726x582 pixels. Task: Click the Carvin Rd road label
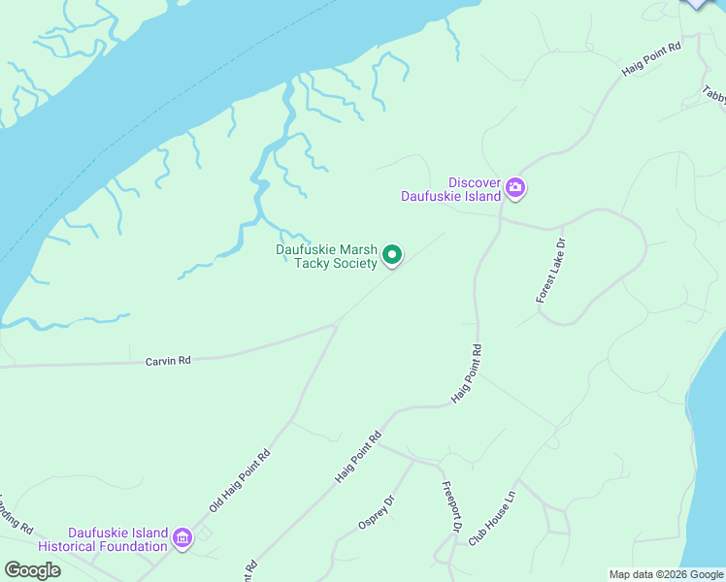[x=168, y=360]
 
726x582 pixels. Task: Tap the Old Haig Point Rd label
[x=239, y=481]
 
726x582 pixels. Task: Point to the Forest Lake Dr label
[x=550, y=271]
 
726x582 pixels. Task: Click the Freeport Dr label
[x=449, y=507]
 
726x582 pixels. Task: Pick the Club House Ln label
[x=491, y=516]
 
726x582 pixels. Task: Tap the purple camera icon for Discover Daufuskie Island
[x=515, y=187]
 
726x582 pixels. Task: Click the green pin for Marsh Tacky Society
[x=392, y=255]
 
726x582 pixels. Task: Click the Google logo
[x=32, y=570]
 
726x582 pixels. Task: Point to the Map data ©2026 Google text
[x=666, y=574]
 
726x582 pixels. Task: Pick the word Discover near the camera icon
[x=474, y=182]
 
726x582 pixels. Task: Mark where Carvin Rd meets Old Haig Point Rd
[x=336, y=325]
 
